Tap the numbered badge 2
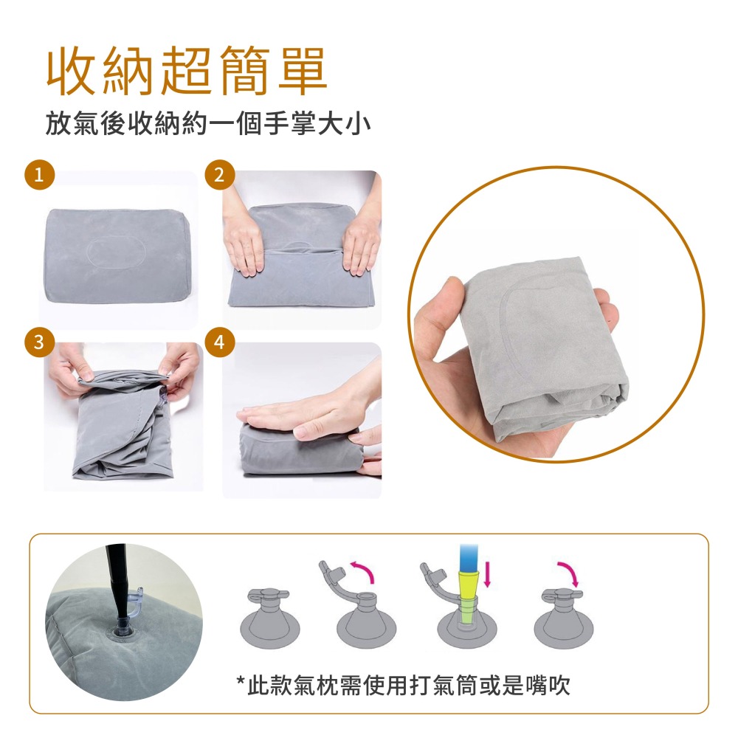pos(218,176)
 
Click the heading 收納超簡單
pos(187,72)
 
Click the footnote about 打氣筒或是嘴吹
pos(403,686)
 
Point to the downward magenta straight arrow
pos(487,576)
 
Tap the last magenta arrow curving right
pos(567,570)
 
